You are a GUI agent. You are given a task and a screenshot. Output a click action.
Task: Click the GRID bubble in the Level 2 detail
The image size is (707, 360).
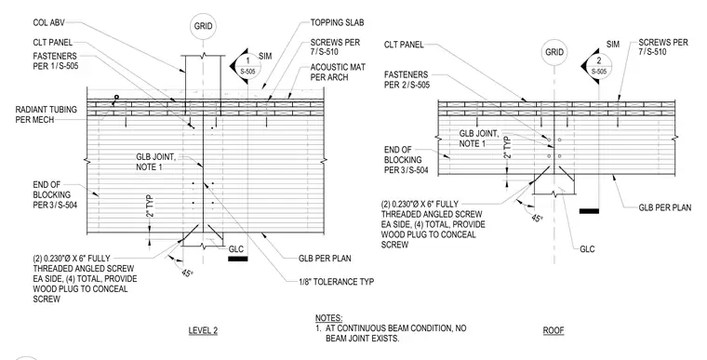(203, 26)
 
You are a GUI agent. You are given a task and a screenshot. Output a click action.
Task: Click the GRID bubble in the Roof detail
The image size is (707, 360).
(554, 52)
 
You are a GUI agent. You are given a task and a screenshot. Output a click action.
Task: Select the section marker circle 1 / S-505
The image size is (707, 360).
(247, 66)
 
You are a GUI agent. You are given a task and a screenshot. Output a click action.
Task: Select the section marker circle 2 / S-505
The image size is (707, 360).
(598, 66)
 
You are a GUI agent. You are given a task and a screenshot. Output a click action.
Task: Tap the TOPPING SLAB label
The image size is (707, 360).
(337, 22)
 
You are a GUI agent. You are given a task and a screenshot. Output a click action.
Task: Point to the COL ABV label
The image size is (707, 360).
(48, 22)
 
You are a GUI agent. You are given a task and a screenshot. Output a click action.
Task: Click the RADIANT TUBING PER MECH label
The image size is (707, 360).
(46, 114)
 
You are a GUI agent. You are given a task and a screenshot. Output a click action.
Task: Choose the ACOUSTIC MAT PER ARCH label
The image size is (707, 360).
(338, 73)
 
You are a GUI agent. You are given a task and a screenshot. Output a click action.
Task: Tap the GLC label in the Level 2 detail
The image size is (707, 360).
(235, 249)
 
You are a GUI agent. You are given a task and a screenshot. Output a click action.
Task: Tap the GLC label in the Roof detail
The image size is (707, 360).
(587, 249)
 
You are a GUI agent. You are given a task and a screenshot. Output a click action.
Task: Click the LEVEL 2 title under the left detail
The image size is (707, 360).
(203, 330)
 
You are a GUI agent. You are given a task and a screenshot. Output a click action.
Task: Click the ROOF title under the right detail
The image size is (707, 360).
(554, 330)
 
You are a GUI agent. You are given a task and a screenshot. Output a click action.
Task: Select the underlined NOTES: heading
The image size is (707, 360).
(328, 318)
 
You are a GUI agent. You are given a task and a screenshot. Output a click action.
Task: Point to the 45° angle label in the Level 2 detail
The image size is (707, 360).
(187, 273)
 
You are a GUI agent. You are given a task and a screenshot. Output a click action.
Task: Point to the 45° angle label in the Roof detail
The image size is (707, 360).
(536, 218)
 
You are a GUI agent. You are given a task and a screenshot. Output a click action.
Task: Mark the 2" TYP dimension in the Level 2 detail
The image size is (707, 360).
(150, 207)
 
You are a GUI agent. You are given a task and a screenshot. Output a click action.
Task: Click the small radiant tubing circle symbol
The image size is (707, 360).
(116, 97)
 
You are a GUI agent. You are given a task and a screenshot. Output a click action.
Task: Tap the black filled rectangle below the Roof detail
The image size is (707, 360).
(589, 210)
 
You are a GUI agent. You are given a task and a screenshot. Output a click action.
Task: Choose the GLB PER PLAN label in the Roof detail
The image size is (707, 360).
(665, 207)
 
